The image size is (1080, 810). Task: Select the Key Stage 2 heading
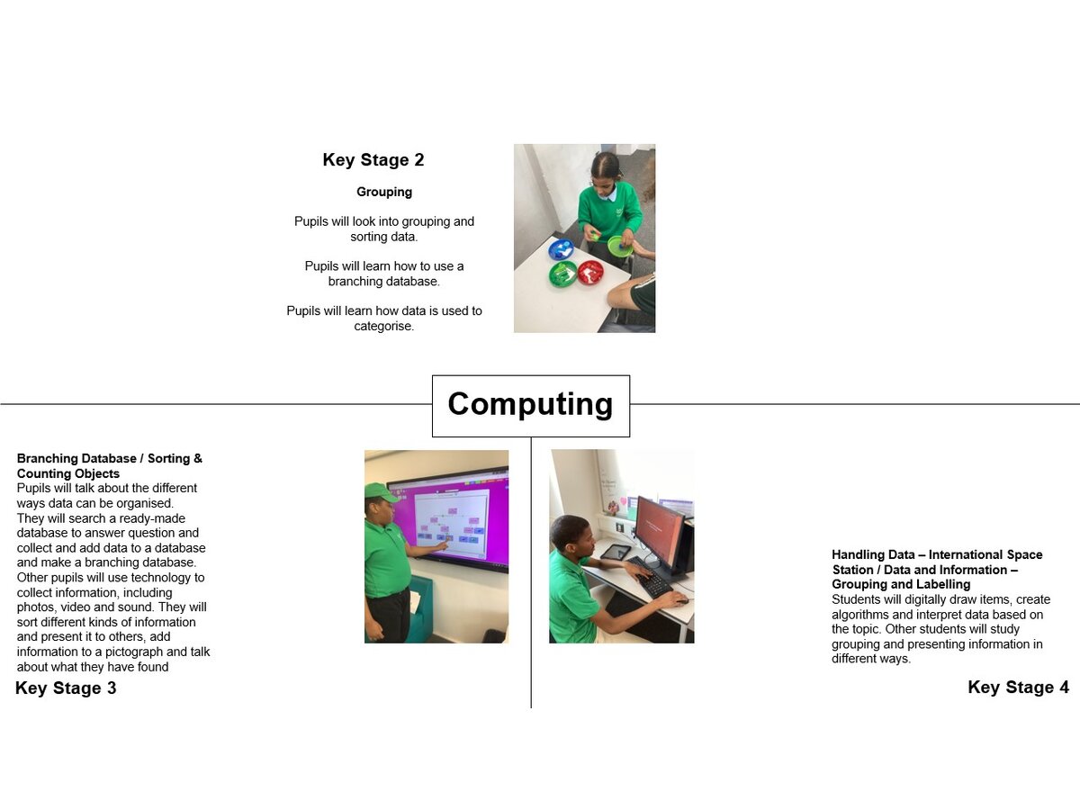pyautogui.click(x=373, y=160)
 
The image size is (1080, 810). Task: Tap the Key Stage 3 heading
pyautogui.click(x=66, y=688)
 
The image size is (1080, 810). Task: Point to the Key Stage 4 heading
pyautogui.click(x=1018, y=687)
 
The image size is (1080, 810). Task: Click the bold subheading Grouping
pyautogui.click(x=384, y=192)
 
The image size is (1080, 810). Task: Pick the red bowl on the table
pyautogui.click(x=590, y=273)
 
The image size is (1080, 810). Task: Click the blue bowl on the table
pyautogui.click(x=562, y=249)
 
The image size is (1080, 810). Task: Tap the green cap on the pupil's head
pyautogui.click(x=381, y=492)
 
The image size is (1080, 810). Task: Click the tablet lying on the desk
pyautogui.click(x=616, y=552)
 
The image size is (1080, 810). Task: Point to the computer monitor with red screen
pyautogui.click(x=661, y=530)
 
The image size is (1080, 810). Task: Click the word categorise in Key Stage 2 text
pyautogui.click(x=383, y=326)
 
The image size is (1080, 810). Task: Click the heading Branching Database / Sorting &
pyautogui.click(x=109, y=458)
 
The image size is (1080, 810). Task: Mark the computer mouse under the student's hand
pyautogui.click(x=680, y=600)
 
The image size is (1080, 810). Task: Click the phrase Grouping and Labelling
pyautogui.click(x=901, y=584)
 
